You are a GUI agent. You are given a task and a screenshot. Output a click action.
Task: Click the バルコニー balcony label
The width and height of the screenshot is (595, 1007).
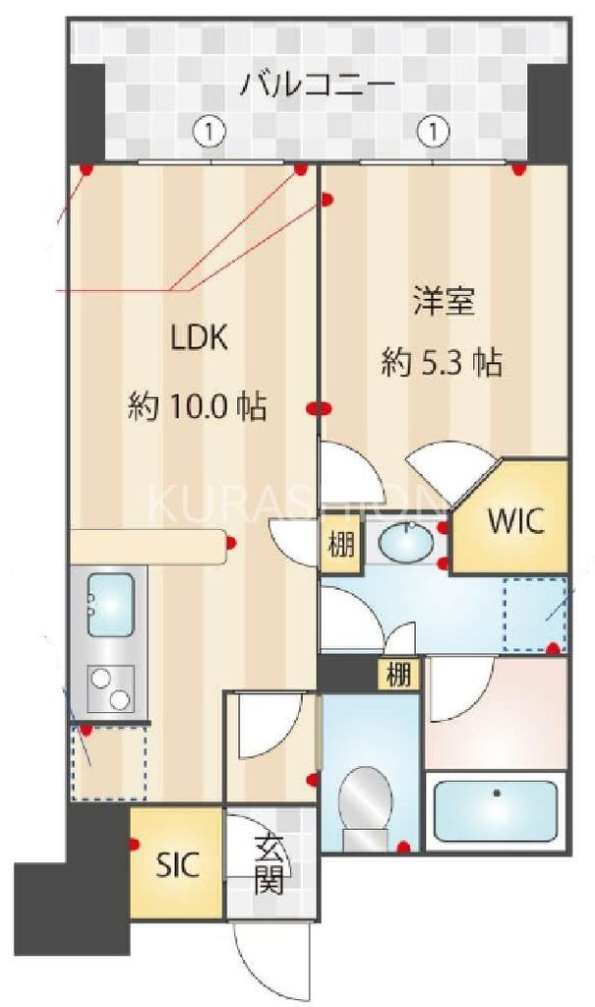coord(318,84)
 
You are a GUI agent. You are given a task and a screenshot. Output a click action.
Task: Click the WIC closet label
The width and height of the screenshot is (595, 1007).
coord(510,521)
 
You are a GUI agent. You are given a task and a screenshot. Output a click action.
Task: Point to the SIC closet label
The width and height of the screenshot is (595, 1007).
coord(178,865)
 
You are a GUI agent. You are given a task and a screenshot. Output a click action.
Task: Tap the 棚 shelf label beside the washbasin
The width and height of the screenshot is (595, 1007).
coord(340,545)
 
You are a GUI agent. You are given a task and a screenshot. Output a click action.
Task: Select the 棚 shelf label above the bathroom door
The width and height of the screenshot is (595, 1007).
coord(398,676)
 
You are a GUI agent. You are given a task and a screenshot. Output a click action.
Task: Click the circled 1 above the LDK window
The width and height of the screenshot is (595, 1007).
coord(209,130)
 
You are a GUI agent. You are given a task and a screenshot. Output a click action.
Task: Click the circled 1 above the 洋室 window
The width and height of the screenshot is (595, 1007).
coord(433,130)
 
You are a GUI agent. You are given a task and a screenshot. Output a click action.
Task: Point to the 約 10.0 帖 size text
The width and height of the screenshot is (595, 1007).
coord(198,406)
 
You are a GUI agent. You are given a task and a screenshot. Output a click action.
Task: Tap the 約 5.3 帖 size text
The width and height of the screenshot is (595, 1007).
coord(442,363)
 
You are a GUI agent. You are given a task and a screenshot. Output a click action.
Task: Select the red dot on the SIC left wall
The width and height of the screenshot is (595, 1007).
coord(134,843)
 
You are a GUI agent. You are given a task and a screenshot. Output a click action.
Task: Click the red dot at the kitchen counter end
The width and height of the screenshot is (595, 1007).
coord(232,542)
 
